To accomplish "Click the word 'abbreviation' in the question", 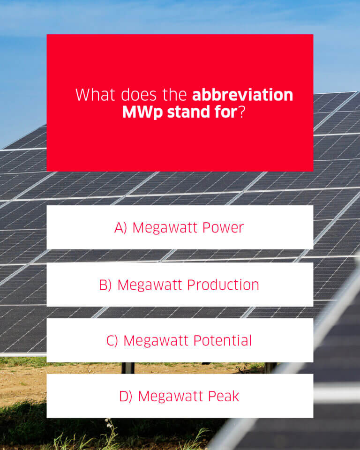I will (x=242, y=95).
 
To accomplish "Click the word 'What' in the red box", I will (x=95, y=95).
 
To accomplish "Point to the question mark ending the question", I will (x=242, y=112).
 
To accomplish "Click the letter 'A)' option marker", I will (x=120, y=228).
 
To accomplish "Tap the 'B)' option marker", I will (x=105, y=285).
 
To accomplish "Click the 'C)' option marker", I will (x=112, y=341).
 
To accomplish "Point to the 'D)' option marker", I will (x=126, y=397).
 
